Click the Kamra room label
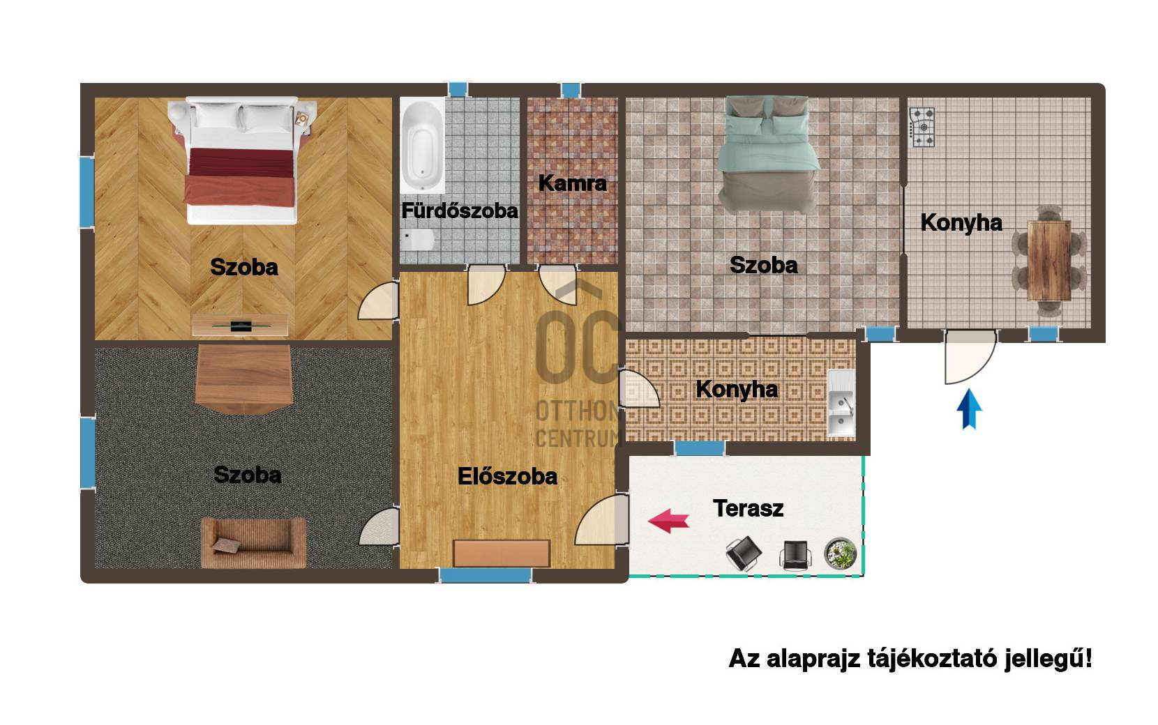[x=572, y=183]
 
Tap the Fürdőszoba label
[x=460, y=211]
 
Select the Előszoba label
[x=507, y=476]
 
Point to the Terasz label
[x=748, y=508]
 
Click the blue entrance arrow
[x=969, y=409]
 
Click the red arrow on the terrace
[x=668, y=521]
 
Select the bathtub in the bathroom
[x=422, y=145]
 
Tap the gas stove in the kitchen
[x=922, y=127]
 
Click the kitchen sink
[x=841, y=403]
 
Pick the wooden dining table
[x=1049, y=261]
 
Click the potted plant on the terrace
[x=840, y=554]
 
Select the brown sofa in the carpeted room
[x=253, y=542]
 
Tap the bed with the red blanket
[x=242, y=161]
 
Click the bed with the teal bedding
[x=768, y=155]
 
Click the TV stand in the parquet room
[x=241, y=326]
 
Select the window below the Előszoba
[x=486, y=576]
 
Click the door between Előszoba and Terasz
[x=603, y=519]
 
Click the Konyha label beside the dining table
[x=961, y=222]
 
